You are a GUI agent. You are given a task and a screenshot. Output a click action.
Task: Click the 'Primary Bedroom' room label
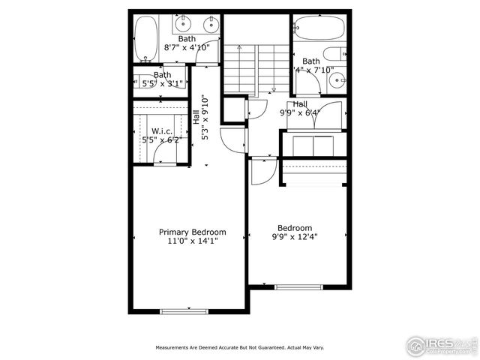192,232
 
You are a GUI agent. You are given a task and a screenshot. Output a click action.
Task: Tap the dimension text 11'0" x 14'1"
192,241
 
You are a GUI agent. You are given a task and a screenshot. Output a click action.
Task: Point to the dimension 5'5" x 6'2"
161,139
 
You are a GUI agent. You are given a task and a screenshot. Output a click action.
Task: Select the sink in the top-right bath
338,78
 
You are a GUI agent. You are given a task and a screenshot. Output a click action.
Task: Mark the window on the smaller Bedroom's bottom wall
298,286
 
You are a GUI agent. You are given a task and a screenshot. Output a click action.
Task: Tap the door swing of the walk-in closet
166,154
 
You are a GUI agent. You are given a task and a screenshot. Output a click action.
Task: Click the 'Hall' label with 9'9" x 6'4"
300,104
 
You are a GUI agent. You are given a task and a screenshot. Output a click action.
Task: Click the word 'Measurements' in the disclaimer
174,348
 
